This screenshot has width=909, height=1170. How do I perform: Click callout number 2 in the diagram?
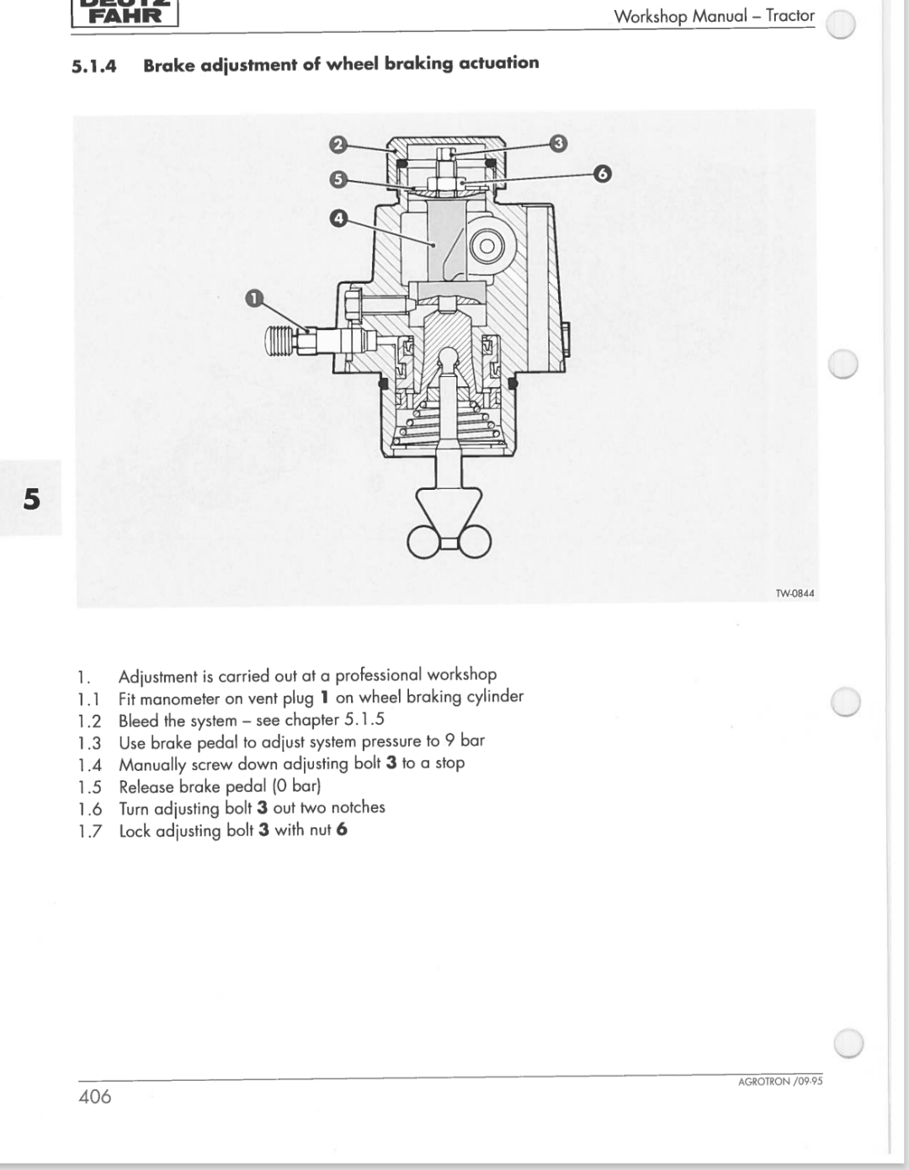click(x=337, y=144)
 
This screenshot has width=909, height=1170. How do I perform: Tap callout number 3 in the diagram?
click(x=558, y=143)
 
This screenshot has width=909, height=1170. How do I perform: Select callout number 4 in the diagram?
click(x=338, y=219)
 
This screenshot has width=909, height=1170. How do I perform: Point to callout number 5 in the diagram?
click(x=338, y=178)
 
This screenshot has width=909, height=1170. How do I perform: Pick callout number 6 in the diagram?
click(x=601, y=174)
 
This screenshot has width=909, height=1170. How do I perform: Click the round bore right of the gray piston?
click(x=486, y=246)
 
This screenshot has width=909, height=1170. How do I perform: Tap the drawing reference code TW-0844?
click(x=794, y=593)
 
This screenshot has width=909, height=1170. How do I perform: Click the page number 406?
click(x=95, y=1096)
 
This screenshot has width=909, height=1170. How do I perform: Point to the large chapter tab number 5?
click(x=31, y=499)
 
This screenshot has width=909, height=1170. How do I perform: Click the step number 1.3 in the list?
click(x=89, y=743)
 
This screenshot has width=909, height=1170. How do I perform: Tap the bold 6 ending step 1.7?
click(x=342, y=830)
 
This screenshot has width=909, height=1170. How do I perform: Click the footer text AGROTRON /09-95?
click(x=779, y=1082)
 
